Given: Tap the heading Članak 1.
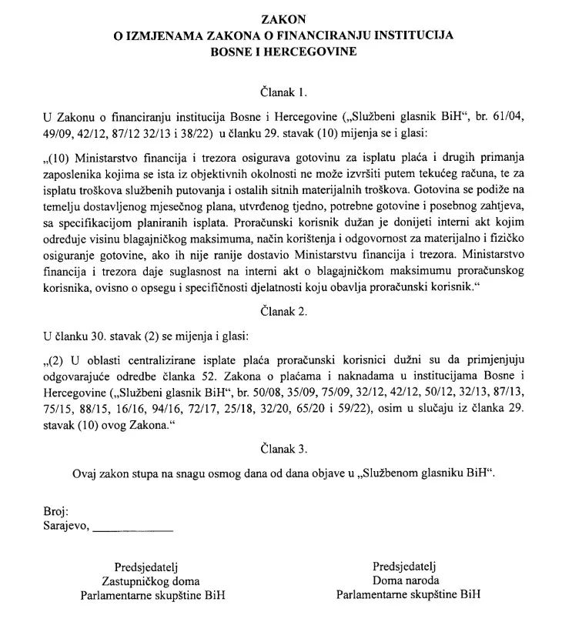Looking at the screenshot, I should [285, 92].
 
